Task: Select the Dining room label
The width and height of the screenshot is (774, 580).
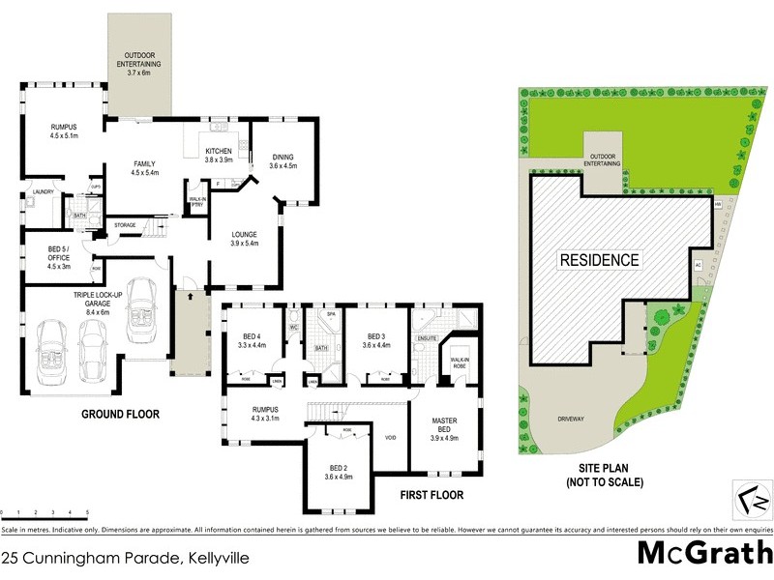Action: tap(283, 161)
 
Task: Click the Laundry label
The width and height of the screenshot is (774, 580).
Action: tap(41, 191)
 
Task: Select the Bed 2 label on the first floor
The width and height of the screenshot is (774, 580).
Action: tap(338, 471)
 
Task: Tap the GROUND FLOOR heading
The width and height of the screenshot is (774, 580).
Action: tap(120, 414)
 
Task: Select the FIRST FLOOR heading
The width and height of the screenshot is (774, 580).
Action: tap(432, 495)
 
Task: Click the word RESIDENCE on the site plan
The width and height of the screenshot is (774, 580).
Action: tap(598, 259)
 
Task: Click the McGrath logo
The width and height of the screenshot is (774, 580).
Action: tap(704, 553)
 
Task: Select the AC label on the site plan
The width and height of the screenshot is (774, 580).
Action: tap(698, 264)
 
